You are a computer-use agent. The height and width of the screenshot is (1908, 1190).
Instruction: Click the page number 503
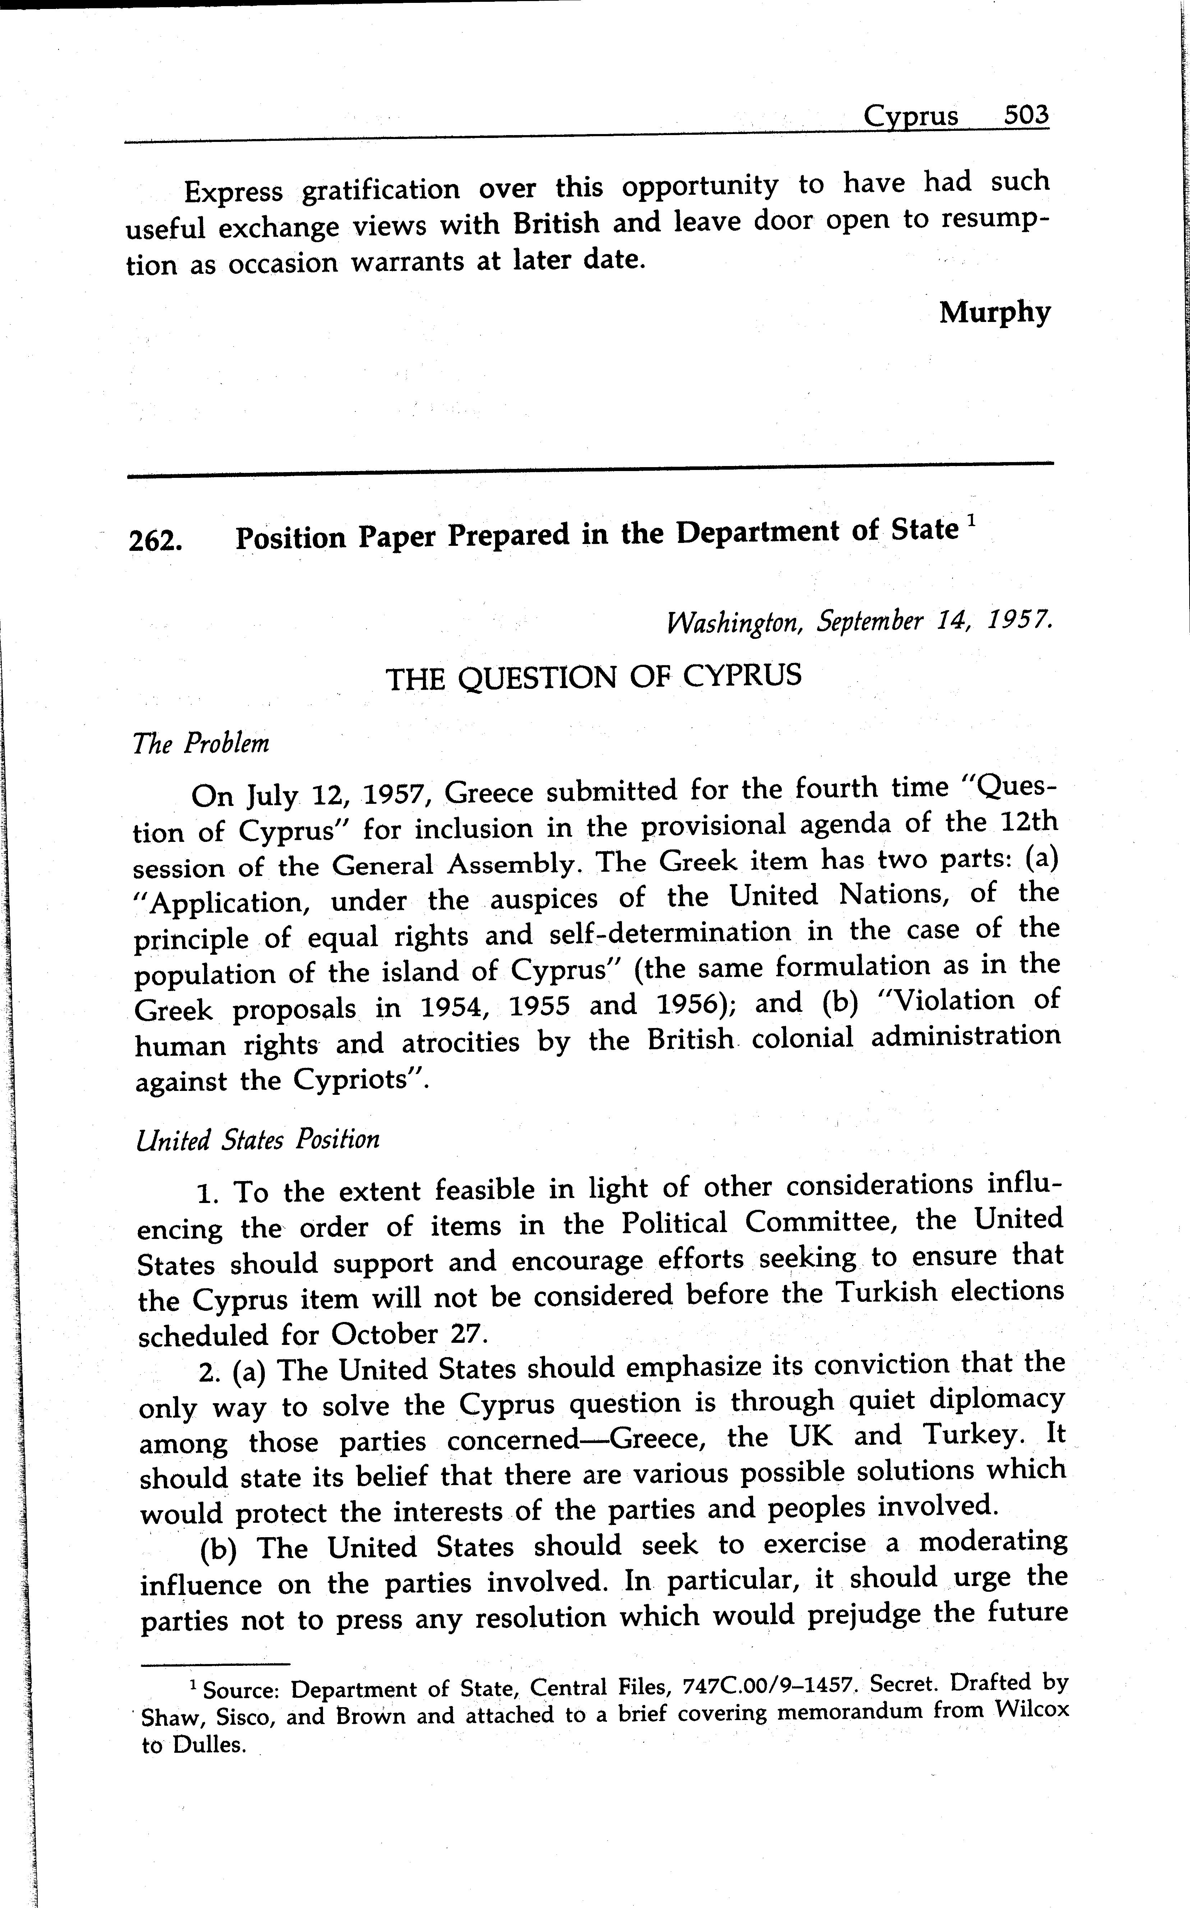pos(1026,116)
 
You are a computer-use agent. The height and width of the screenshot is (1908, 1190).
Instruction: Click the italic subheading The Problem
pos(202,744)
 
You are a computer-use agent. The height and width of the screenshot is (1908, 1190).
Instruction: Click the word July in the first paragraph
pos(272,797)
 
